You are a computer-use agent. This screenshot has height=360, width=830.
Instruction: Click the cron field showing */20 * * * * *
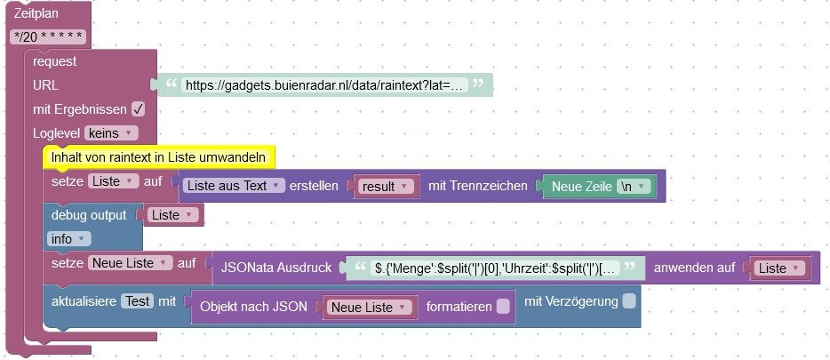(49, 37)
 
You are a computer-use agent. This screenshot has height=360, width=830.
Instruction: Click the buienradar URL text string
(323, 85)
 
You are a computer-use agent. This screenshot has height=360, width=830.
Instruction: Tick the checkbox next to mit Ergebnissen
(138, 109)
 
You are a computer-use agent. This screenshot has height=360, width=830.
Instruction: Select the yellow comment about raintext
(159, 157)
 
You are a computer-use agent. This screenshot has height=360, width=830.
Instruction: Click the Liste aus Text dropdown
(234, 186)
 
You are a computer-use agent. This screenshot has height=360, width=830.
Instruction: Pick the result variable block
(385, 187)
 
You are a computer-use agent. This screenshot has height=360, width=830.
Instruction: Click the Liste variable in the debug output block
(172, 215)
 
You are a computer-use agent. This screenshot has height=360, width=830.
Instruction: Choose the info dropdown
(69, 238)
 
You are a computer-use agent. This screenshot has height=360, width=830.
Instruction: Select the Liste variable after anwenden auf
(778, 268)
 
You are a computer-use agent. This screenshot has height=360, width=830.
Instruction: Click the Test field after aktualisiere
(137, 301)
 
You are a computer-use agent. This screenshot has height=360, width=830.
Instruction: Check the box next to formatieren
(503, 307)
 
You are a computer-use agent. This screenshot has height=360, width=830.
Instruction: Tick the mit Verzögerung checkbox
(629, 301)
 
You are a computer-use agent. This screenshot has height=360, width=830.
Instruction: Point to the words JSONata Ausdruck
(276, 267)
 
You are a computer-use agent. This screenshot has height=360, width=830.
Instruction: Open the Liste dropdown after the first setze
(113, 181)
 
